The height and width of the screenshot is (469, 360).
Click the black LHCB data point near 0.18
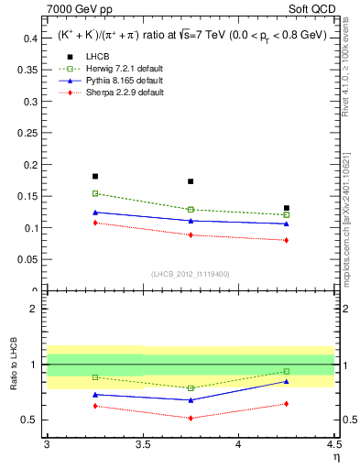[x=94, y=176]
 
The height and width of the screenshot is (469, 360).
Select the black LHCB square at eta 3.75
[x=191, y=181]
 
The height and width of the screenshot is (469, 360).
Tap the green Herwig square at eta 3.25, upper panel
[x=94, y=193]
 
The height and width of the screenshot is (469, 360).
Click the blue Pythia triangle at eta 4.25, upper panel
[x=287, y=224]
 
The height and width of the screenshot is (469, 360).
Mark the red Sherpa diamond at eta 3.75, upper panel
[x=191, y=234]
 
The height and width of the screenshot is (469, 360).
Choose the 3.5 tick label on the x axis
[x=142, y=444]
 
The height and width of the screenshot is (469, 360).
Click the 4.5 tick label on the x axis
[x=333, y=444]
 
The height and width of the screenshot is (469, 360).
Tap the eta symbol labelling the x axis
[x=335, y=457]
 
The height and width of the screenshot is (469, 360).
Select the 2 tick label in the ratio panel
[x=35, y=309]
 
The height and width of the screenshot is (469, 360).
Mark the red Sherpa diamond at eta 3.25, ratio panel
[x=94, y=406]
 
